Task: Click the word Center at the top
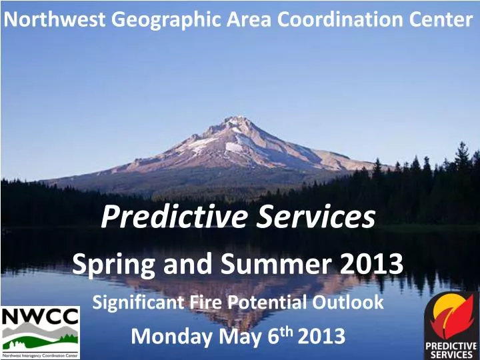tap(439, 19)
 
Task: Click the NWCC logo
tap(40, 332)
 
